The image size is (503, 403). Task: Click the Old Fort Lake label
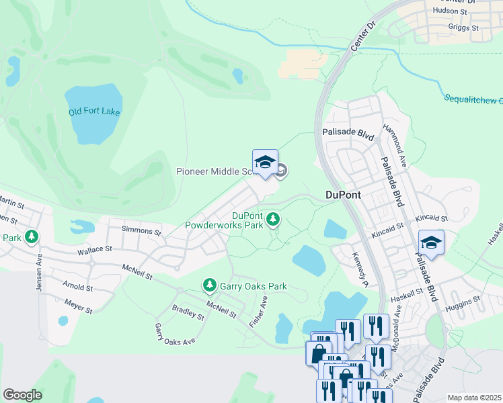click(x=94, y=111)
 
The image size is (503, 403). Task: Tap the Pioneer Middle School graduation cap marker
click(x=265, y=163)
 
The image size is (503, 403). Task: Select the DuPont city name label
click(x=343, y=195)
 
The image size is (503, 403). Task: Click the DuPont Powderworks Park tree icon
click(x=273, y=218)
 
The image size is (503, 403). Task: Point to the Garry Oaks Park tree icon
click(x=210, y=286)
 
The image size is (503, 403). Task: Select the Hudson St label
click(x=451, y=11)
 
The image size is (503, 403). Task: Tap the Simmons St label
click(x=141, y=230)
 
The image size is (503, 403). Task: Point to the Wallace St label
click(x=93, y=249)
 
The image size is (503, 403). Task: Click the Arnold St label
click(x=79, y=287)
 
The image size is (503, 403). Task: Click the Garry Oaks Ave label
click(x=174, y=334)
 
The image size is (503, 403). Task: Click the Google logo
click(x=22, y=395)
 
